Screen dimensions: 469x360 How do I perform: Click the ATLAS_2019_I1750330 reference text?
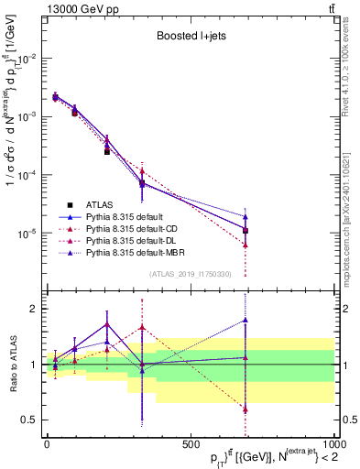190,274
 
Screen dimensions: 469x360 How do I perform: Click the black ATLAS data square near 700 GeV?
245,231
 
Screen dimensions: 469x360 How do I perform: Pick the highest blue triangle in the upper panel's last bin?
245,217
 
